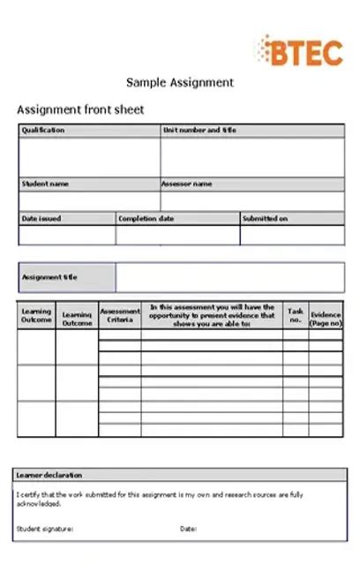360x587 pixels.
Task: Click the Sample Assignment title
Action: [180, 82]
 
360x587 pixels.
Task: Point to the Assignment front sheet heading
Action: [80, 110]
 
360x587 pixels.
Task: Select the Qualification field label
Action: [43, 131]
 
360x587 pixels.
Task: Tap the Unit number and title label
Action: [199, 131]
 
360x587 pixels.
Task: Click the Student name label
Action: [45, 184]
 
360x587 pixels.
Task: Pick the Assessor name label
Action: [186, 184]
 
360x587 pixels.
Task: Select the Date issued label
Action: [41, 218]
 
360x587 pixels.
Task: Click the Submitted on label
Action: [266, 218]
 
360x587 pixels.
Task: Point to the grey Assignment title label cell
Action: [67, 277]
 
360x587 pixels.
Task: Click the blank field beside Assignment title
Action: [229, 277]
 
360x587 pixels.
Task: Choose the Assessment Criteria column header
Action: [120, 315]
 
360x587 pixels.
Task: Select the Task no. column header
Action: [296, 315]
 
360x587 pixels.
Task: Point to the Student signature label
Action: [45, 529]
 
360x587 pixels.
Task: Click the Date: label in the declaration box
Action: [188, 529]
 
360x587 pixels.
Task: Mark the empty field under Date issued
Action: [67, 235]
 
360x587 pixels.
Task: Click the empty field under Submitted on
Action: [292, 235]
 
